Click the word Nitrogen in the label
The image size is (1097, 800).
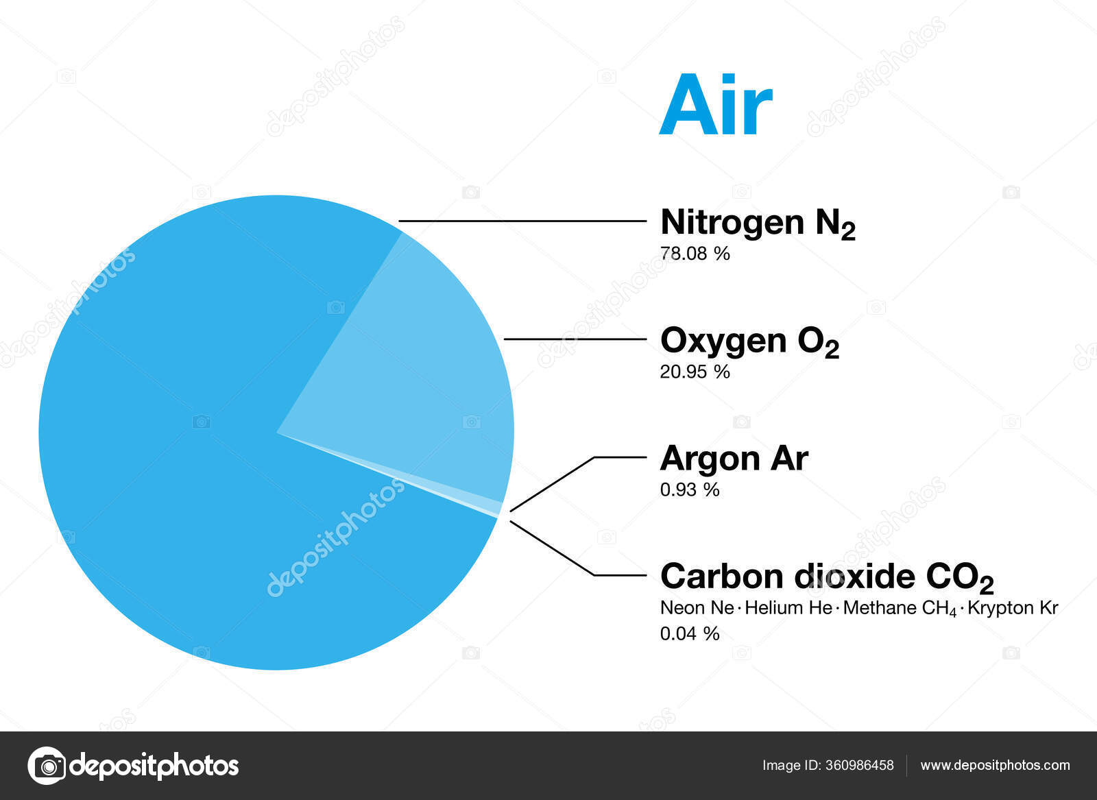point(732,222)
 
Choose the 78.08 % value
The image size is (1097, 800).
point(695,254)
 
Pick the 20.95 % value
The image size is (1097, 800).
point(695,372)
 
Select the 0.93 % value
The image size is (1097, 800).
point(689,489)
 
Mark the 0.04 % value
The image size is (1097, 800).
point(689,633)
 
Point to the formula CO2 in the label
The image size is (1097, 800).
point(959,578)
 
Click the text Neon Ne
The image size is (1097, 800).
point(697,608)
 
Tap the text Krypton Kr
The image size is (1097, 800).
point(1013,608)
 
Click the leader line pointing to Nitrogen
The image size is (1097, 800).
point(521,221)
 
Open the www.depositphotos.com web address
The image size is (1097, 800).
point(995,765)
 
